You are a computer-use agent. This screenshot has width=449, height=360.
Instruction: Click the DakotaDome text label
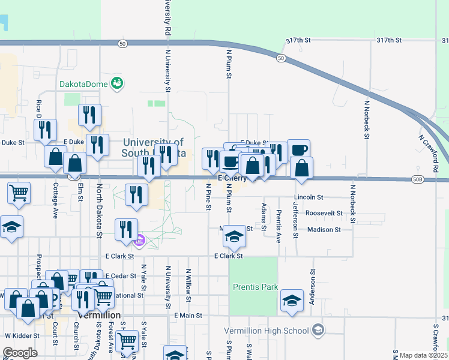click(x=83, y=84)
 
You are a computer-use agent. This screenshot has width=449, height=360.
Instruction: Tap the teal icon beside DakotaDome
click(x=118, y=83)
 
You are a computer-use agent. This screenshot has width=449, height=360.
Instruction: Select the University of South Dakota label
click(x=153, y=148)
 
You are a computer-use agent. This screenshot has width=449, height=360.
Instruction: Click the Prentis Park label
click(x=255, y=287)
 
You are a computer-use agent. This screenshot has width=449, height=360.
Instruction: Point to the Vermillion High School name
click(x=266, y=331)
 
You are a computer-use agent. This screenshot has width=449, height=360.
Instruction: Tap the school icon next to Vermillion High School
click(x=318, y=330)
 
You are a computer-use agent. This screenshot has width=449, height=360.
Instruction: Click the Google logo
click(x=20, y=353)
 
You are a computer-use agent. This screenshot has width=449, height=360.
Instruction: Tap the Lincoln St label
click(x=309, y=197)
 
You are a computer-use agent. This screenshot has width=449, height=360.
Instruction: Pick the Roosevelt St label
click(x=324, y=213)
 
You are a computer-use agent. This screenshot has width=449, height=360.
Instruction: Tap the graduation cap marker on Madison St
click(x=234, y=236)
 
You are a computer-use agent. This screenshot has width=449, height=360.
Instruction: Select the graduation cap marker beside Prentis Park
click(x=292, y=299)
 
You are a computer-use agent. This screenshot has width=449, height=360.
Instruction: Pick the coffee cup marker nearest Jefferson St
click(x=298, y=149)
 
